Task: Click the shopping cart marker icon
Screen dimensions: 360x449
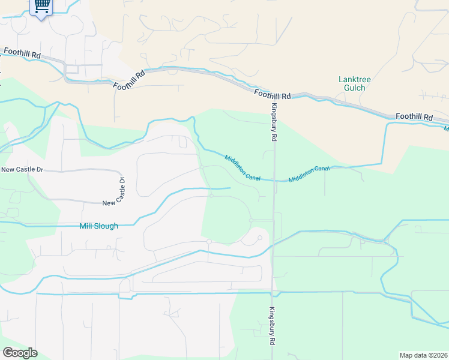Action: [x=41, y=7]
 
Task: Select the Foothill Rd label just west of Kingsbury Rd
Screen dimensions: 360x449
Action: [x=272, y=94]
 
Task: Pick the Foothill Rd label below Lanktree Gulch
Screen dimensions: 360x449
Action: [x=414, y=116]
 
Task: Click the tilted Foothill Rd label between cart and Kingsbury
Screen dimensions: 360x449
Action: [x=130, y=79]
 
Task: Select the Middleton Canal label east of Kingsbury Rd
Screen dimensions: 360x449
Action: [x=309, y=175]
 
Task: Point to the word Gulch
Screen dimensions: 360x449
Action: [x=354, y=88]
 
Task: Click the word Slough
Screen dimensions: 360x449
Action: [x=106, y=226]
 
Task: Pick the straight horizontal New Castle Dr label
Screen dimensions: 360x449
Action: [x=23, y=169]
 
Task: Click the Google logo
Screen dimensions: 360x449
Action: [x=20, y=352]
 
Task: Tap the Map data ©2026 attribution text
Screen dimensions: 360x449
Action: [x=423, y=355]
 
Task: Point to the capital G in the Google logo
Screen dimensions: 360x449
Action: [x=8, y=352]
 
